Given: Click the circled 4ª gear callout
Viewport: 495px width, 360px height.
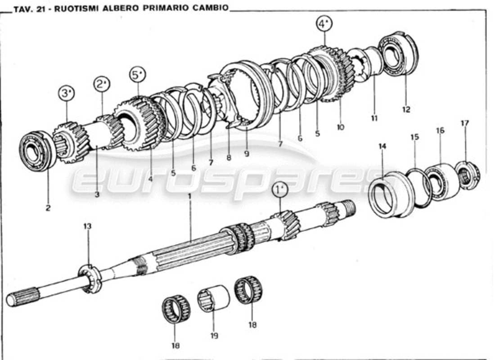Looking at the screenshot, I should (x=324, y=24).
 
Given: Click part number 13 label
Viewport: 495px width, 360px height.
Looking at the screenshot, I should (x=87, y=226).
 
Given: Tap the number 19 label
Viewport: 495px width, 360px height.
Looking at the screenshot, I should (x=213, y=335).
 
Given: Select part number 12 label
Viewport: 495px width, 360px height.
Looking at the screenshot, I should (x=406, y=109).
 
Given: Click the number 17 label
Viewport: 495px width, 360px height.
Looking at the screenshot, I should (x=465, y=123).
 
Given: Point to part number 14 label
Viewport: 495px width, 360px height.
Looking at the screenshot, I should (x=382, y=146).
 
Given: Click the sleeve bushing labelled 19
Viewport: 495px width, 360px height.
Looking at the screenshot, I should (x=214, y=298).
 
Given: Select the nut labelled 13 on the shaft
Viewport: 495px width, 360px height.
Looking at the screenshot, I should (x=90, y=279).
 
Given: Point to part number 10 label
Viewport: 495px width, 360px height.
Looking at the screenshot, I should (x=340, y=127).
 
